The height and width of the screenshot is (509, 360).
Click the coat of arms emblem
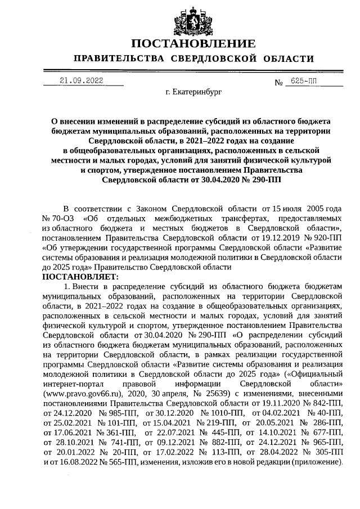click(193, 20)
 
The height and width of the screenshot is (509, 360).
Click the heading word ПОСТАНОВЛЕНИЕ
click(193, 44)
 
